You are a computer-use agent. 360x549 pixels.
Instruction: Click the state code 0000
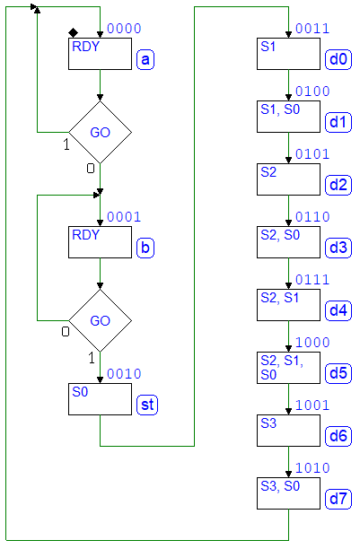pyautogui.click(x=124, y=29)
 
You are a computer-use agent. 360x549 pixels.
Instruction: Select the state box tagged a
pyautogui.click(x=100, y=54)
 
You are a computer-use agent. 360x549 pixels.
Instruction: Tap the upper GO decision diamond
pyautogui.click(x=100, y=133)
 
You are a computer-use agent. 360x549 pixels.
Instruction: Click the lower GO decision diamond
pyautogui.click(x=100, y=321)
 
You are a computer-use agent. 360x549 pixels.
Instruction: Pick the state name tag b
pyautogui.click(x=145, y=248)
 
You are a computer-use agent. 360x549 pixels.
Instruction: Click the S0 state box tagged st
pyautogui.click(x=100, y=399)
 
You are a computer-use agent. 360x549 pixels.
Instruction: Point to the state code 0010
pyautogui.click(x=124, y=374)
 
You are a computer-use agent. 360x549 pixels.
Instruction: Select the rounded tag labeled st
pyautogui.click(x=147, y=405)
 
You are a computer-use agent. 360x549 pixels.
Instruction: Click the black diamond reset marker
pyautogui.click(x=73, y=33)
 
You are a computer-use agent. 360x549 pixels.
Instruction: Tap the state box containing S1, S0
pyautogui.click(x=288, y=117)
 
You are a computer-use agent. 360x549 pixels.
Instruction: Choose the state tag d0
pyautogui.click(x=338, y=59)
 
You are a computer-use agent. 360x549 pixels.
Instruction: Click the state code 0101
pyautogui.click(x=312, y=154)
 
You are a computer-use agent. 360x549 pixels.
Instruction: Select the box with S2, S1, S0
pyautogui.click(x=288, y=368)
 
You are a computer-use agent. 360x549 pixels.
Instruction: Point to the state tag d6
pyautogui.click(x=338, y=436)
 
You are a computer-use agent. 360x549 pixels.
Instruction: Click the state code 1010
pyautogui.click(x=312, y=468)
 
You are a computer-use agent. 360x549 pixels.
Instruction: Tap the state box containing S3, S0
pyautogui.click(x=288, y=493)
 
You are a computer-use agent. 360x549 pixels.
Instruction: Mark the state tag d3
pyautogui.click(x=338, y=248)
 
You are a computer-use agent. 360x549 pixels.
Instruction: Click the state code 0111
pyautogui.click(x=312, y=280)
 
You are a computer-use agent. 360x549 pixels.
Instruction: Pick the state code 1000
pyautogui.click(x=312, y=343)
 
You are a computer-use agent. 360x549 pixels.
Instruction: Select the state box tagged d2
pyautogui.click(x=288, y=179)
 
